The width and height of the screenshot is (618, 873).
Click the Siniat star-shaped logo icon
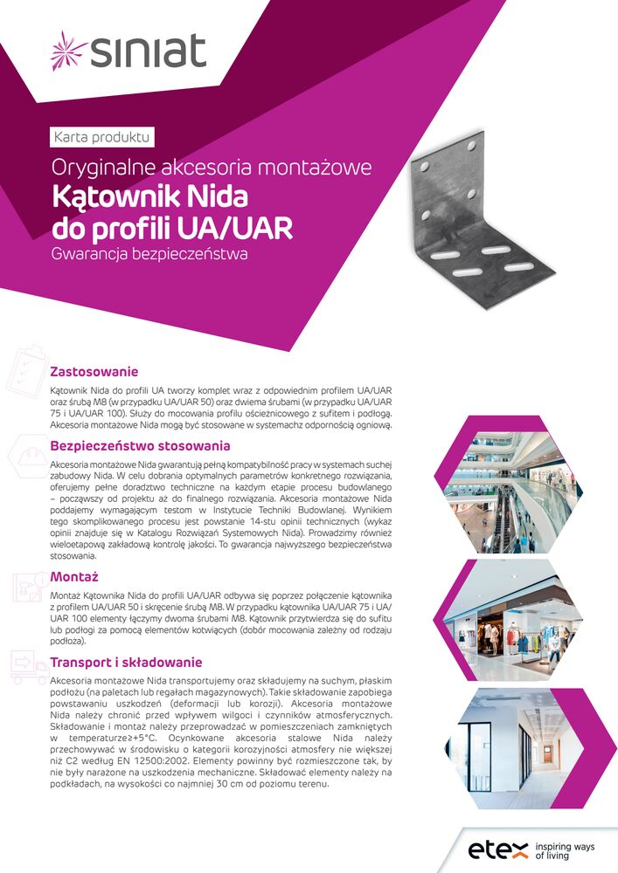(x=68, y=50)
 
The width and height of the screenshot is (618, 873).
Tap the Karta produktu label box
(x=103, y=137)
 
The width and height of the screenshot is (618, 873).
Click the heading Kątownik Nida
(x=149, y=195)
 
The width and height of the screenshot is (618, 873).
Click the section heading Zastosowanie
(x=94, y=370)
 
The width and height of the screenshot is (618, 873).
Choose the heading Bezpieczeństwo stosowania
(x=140, y=445)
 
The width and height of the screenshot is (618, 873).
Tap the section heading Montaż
(x=74, y=577)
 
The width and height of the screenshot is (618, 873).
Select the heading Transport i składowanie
(x=126, y=662)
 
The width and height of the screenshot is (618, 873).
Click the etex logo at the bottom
(x=498, y=849)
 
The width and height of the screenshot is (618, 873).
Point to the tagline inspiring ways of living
(x=564, y=850)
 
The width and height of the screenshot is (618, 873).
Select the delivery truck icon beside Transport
(x=26, y=669)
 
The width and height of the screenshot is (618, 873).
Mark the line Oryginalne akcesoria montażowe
(x=212, y=166)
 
